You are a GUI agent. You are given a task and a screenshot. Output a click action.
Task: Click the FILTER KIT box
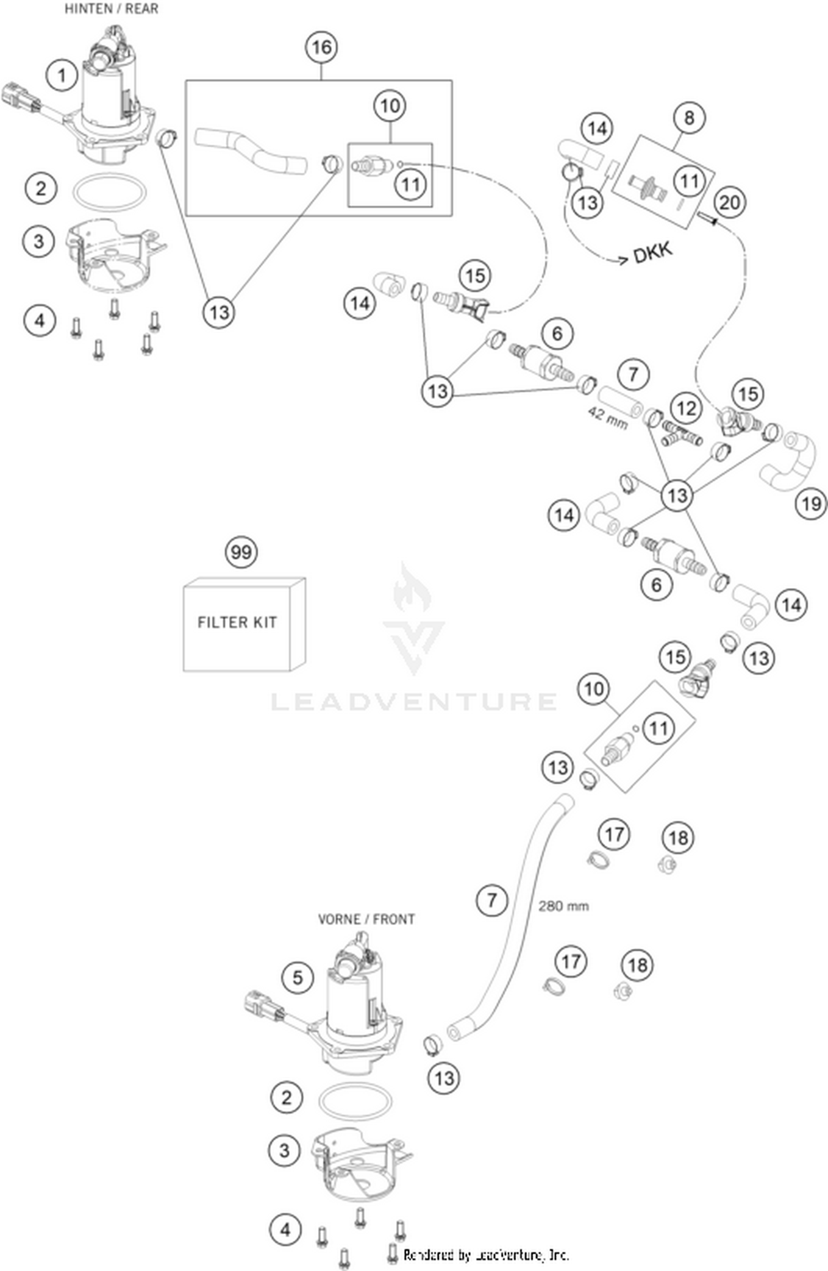(243, 624)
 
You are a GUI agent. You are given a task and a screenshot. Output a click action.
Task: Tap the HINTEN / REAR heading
(111, 9)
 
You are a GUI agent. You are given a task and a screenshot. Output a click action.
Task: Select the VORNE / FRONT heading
(366, 919)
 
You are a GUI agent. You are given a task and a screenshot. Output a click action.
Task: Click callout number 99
(241, 552)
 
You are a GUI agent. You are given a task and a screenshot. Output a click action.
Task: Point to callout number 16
(322, 47)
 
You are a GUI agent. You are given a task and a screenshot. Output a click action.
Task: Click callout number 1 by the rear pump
(62, 76)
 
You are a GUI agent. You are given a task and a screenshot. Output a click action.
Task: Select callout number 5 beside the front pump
(298, 978)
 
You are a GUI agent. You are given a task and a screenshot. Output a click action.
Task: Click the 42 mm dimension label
(608, 418)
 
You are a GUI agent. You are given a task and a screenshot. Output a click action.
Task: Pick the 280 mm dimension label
(563, 906)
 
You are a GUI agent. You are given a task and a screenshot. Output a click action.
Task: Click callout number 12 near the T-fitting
(686, 409)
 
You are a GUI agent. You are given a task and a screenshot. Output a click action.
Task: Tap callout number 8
(689, 118)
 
